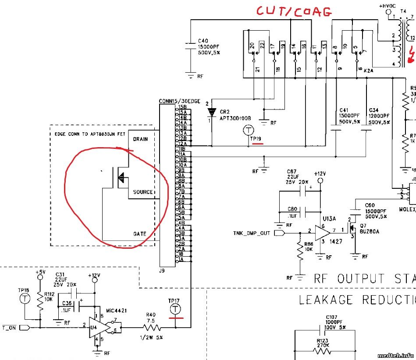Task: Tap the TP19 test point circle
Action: click(249, 130)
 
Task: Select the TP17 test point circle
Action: click(175, 310)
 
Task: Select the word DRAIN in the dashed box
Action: click(140, 139)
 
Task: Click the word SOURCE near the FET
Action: click(143, 192)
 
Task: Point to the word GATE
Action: click(140, 234)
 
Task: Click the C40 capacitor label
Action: click(203, 41)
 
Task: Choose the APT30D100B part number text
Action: click(235, 118)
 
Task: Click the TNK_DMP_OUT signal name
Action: click(252, 233)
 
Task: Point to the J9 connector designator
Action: click(162, 271)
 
